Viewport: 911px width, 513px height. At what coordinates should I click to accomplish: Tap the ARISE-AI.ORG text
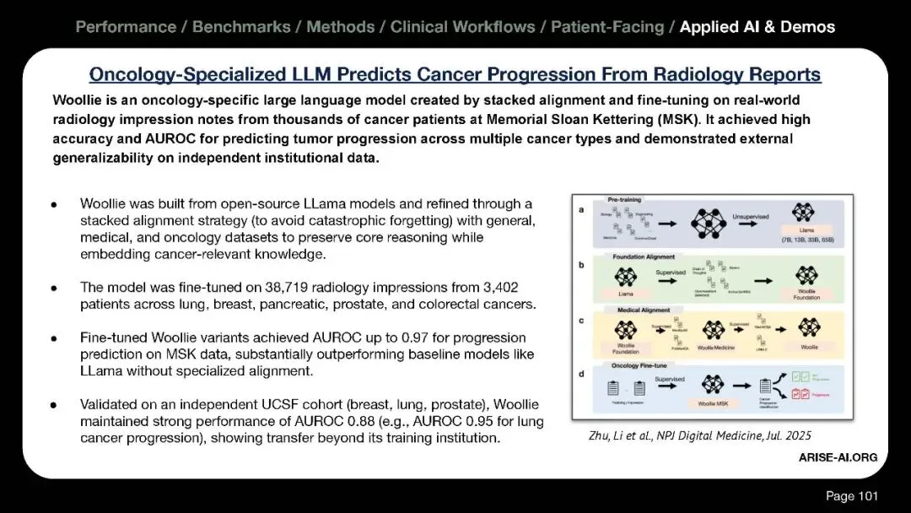click(838, 457)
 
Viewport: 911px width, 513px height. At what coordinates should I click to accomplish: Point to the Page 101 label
click(850, 496)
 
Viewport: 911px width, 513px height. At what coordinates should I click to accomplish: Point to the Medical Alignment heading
click(639, 310)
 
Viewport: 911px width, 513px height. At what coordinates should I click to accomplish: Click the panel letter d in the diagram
click(579, 373)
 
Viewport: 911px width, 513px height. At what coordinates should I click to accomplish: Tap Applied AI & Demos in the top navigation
click(757, 27)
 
